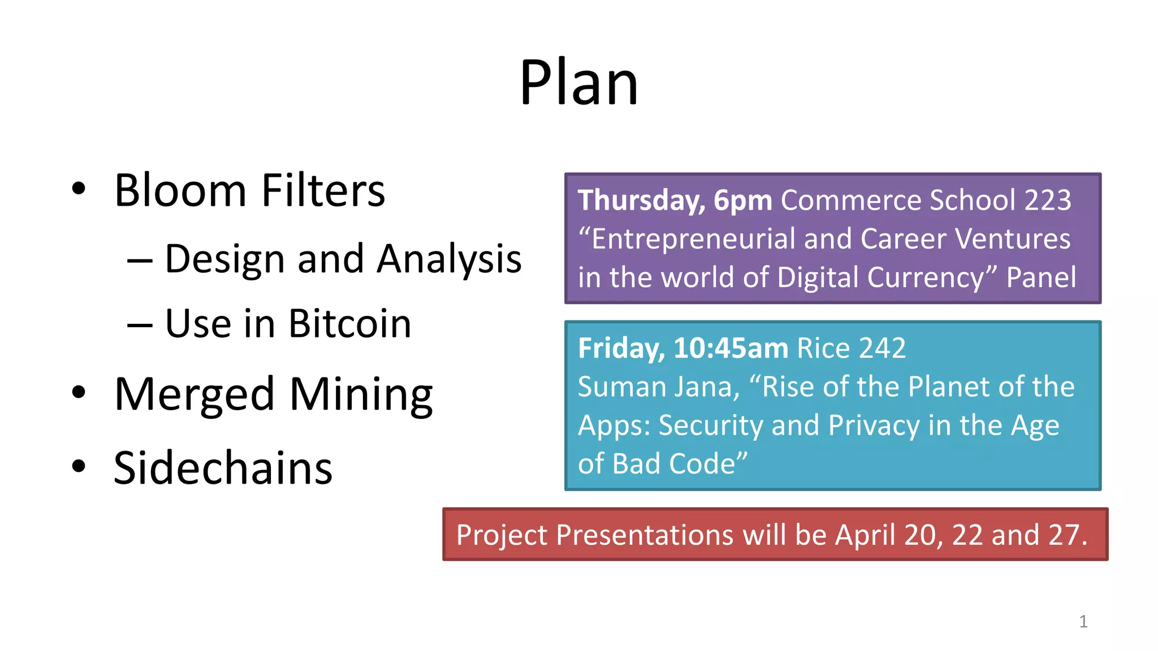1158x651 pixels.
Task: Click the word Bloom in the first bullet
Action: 180,190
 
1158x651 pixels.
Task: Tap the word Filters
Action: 323,190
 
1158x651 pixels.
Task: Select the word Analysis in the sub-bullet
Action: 449,259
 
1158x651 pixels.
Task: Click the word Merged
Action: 195,394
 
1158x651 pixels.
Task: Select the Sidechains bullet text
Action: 223,468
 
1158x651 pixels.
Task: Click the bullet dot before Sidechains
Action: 79,467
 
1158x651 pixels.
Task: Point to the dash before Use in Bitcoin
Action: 140,325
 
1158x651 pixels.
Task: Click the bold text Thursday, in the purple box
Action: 641,201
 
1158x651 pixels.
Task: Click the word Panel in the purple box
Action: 1041,277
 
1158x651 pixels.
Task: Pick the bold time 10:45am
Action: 731,348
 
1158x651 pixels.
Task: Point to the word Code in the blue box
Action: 702,464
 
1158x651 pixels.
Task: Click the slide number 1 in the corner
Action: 1083,622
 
